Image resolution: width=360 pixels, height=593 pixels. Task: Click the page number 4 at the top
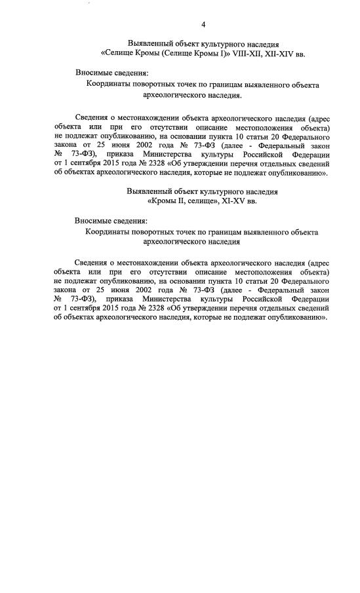tap(203, 24)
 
